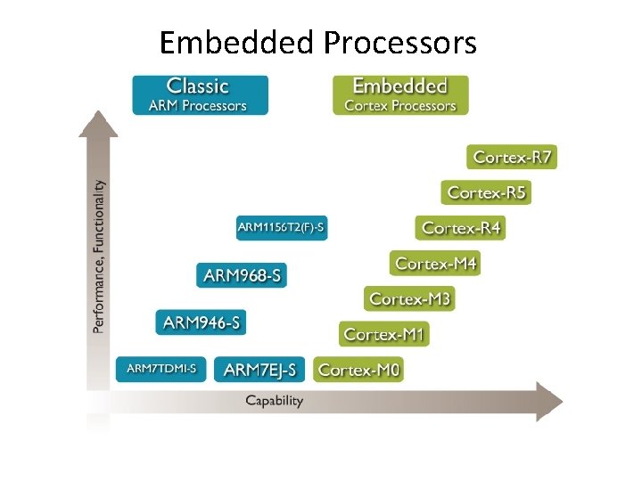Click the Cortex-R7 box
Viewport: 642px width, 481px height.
513,158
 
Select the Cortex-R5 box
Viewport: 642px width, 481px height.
486,192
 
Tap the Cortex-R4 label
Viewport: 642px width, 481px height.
461,228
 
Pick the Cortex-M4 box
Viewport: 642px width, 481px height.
435,264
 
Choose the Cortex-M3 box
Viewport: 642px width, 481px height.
409,298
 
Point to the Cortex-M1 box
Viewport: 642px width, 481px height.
384,334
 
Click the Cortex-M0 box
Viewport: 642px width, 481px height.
358,369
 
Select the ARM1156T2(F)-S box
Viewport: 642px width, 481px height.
282,228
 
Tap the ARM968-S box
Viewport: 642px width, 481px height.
243,275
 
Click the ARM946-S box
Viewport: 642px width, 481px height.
202,322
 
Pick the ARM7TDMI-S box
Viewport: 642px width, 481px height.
161,369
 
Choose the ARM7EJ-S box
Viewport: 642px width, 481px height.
260,369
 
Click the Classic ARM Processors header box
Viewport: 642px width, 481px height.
201,95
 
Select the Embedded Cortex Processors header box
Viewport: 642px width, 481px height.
399,95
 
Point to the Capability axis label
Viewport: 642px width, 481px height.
275,401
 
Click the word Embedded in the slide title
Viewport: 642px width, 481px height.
237,42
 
